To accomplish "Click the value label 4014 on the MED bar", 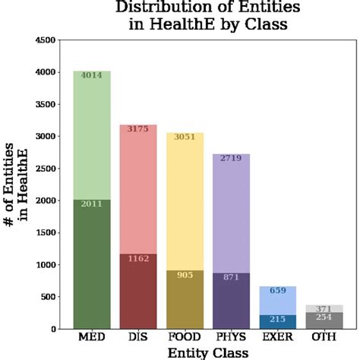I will [x=92, y=75].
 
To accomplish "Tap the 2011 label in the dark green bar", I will [x=92, y=204].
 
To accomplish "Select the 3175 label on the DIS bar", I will [x=138, y=129].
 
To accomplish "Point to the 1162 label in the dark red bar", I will [x=138, y=259].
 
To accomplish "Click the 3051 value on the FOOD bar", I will [x=185, y=137].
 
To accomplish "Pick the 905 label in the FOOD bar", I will [x=185, y=276].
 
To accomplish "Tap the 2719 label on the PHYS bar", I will [x=232, y=159].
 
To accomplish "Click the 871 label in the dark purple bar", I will [x=232, y=277].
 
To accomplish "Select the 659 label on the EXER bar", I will [x=278, y=291].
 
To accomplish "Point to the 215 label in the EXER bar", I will [x=278, y=320].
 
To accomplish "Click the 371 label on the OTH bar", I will [x=324, y=309].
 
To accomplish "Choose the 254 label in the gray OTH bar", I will [x=324, y=317].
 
